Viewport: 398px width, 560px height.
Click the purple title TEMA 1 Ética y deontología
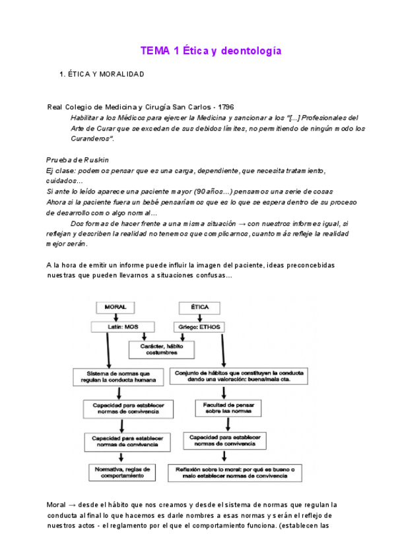[x=211, y=51]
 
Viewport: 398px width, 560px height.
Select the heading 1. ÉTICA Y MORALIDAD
[x=102, y=74]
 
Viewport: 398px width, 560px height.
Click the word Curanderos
[x=92, y=139]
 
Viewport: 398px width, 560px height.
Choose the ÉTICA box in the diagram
[x=199, y=307]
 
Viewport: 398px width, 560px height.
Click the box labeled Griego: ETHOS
[x=199, y=326]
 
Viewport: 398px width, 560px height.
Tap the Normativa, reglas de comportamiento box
[x=119, y=472]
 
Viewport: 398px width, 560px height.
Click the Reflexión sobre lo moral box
[x=234, y=472]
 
